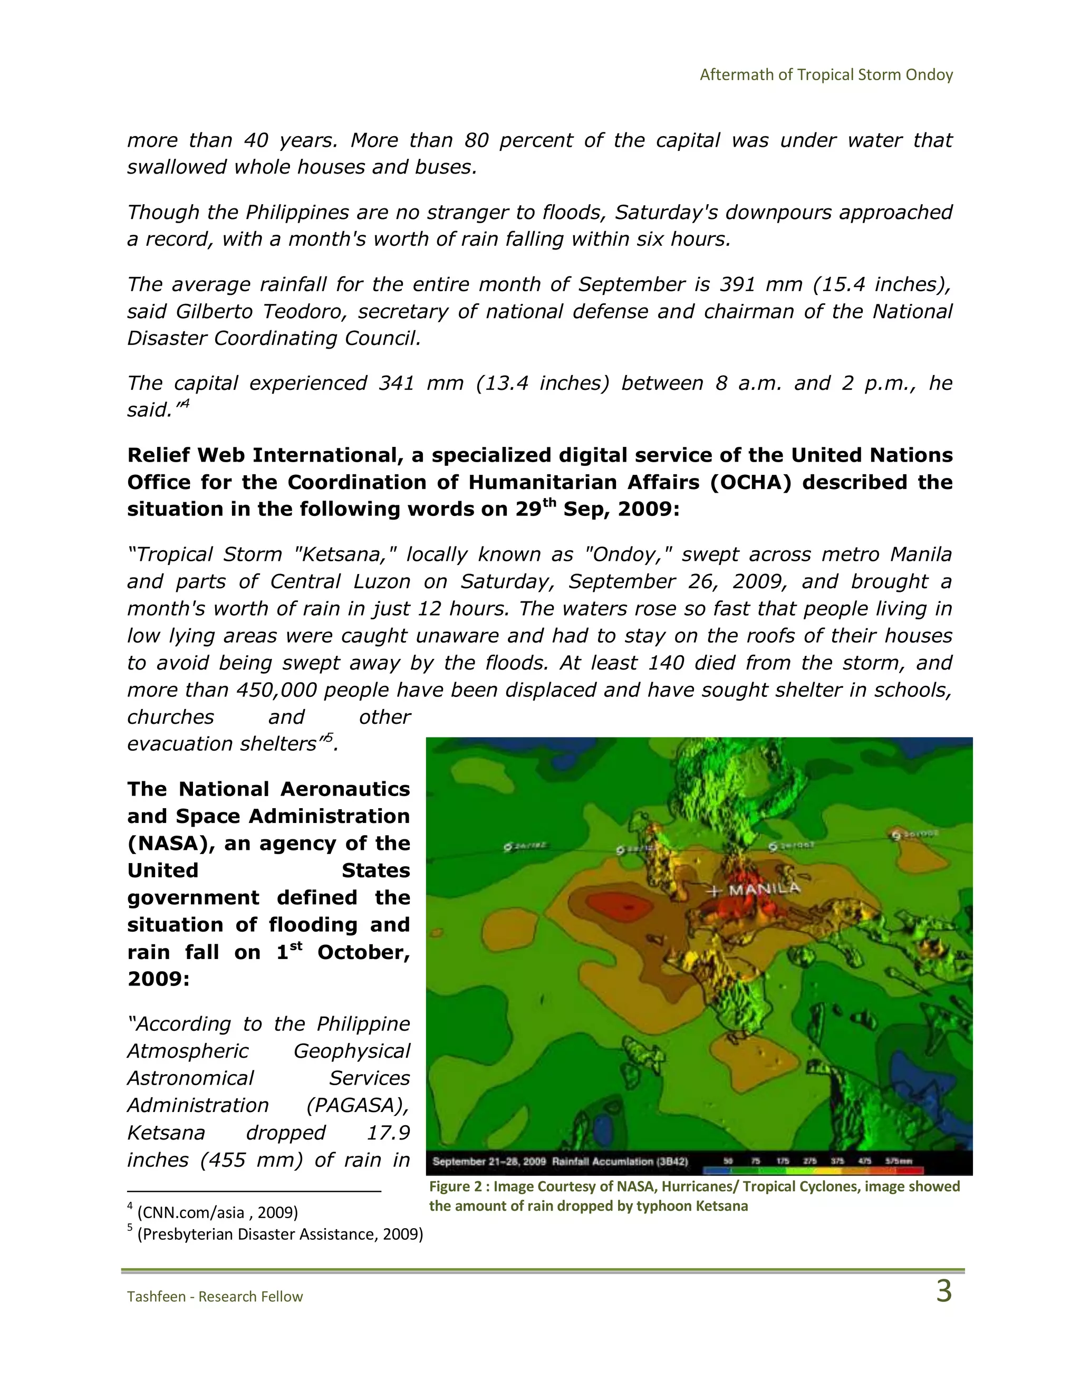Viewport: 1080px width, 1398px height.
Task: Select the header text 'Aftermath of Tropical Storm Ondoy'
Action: [x=826, y=75]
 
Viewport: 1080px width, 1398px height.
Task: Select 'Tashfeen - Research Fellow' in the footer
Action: [x=215, y=1296]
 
